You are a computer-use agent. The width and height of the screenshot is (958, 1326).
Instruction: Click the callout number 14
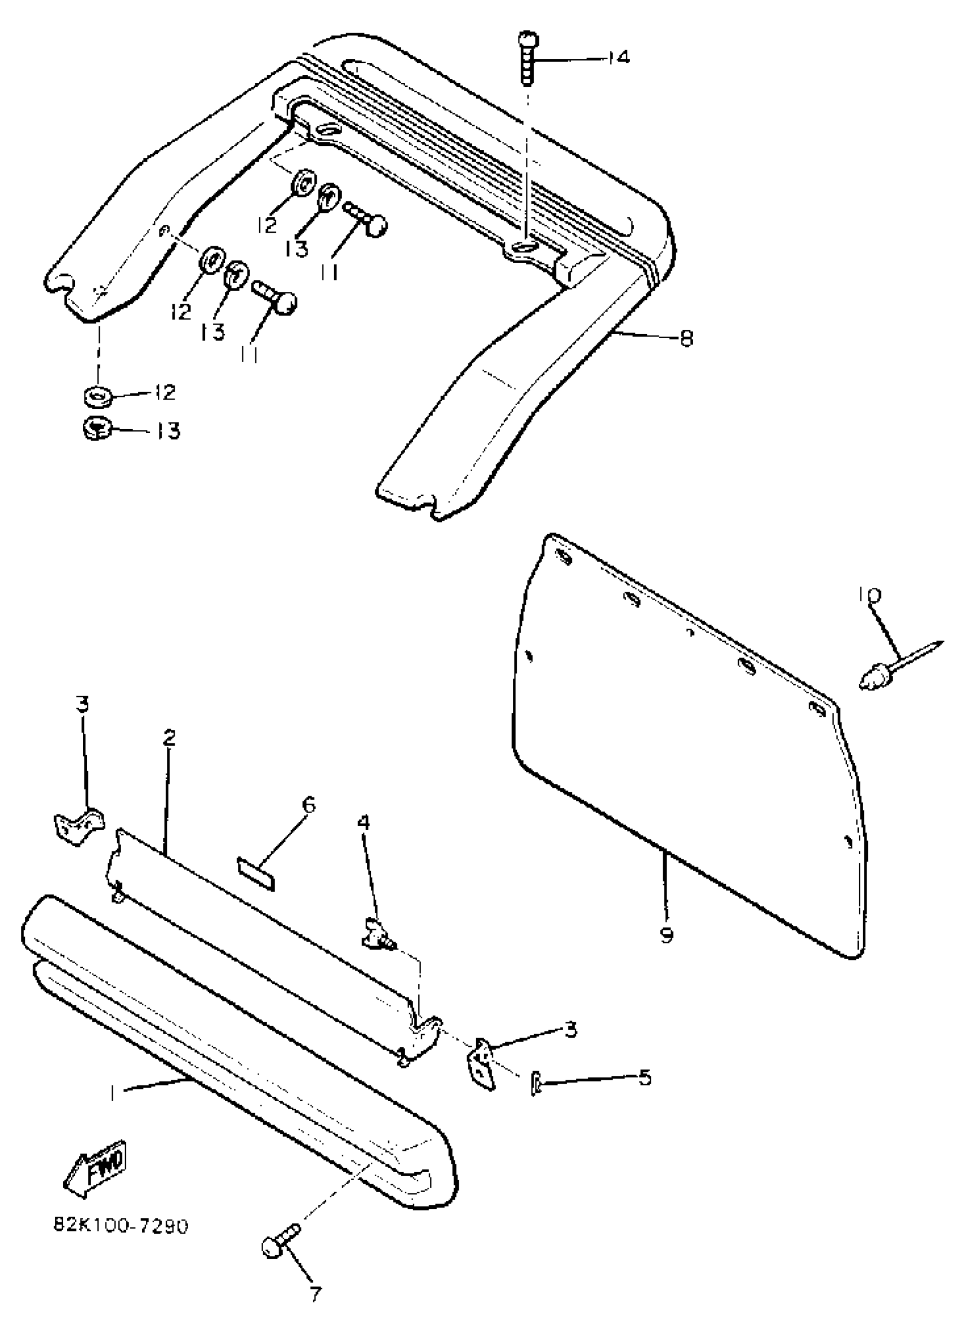click(x=617, y=57)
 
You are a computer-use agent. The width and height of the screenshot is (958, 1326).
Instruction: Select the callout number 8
click(x=686, y=338)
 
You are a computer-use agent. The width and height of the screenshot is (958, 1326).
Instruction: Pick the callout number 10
click(x=870, y=595)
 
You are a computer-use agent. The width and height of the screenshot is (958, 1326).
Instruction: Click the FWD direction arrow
click(x=96, y=1171)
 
